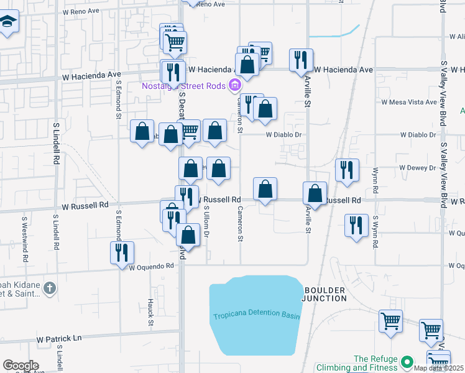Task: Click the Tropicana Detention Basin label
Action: (x=256, y=316)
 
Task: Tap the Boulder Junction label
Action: (x=325, y=294)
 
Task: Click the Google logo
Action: (x=21, y=366)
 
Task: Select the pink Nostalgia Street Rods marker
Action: (x=236, y=85)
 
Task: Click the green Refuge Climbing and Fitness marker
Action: (x=407, y=361)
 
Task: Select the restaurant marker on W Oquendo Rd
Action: (x=121, y=252)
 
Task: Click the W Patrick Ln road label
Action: (x=59, y=339)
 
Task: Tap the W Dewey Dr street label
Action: (x=420, y=168)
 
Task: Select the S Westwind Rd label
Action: (x=25, y=233)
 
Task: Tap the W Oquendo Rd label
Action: (x=152, y=267)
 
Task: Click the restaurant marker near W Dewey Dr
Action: (x=346, y=170)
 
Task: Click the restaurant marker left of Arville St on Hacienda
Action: (x=301, y=60)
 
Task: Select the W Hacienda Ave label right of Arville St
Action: (x=343, y=70)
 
